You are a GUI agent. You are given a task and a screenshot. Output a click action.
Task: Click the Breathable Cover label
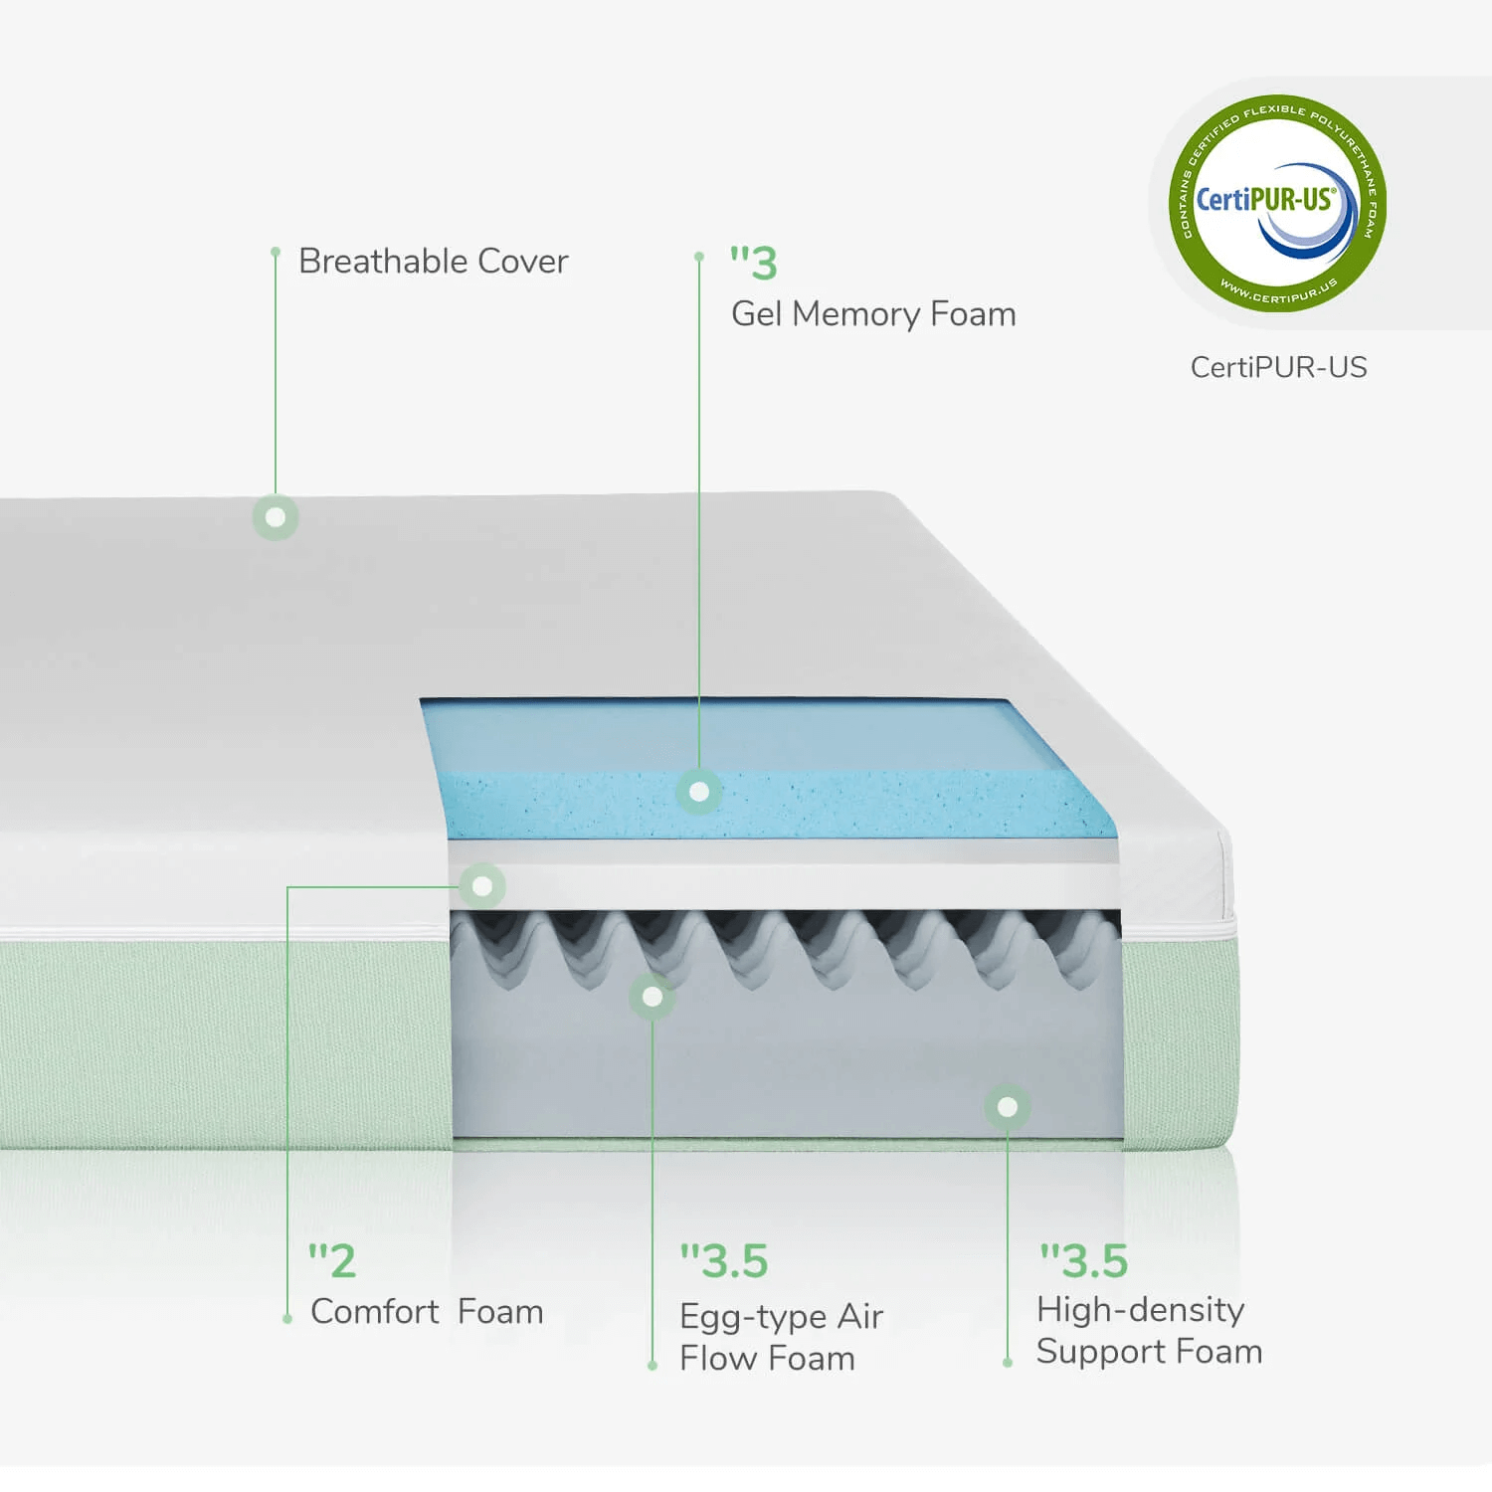pyautogui.click(x=434, y=261)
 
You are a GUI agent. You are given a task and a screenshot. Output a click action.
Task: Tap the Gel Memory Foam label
pyautogui.click(x=873, y=314)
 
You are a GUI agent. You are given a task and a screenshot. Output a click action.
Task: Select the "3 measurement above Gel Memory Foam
pyautogui.click(x=753, y=263)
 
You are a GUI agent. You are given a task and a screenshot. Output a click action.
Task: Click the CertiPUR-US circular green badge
pyautogui.click(x=1277, y=203)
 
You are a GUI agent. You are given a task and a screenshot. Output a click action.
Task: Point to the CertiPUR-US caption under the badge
pyautogui.click(x=1278, y=367)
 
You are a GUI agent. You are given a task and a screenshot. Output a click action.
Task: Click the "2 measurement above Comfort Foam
pyautogui.click(x=331, y=1261)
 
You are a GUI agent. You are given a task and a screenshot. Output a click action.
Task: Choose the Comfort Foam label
pyautogui.click(x=427, y=1312)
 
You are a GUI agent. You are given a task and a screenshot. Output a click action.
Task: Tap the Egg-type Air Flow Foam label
pyautogui.click(x=782, y=1337)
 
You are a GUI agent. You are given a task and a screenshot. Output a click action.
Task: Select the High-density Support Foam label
pyautogui.click(x=1150, y=1331)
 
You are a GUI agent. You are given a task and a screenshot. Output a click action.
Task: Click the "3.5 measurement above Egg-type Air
pyautogui.click(x=724, y=1261)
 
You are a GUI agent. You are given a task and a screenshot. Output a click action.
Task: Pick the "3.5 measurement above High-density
pyautogui.click(x=1084, y=1261)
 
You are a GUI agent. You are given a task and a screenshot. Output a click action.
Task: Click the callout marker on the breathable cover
pyautogui.click(x=276, y=517)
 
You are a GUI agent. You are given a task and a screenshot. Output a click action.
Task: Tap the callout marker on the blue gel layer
pyautogui.click(x=699, y=792)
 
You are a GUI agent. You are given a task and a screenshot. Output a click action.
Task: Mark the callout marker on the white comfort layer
pyautogui.click(x=482, y=885)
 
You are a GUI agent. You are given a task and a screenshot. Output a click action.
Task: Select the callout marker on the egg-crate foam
pyautogui.click(x=653, y=996)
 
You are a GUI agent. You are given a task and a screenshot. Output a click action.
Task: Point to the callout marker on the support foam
pyautogui.click(x=1008, y=1106)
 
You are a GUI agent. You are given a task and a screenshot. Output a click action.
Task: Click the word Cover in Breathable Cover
pyautogui.click(x=523, y=261)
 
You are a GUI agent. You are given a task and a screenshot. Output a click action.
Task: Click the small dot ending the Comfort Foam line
pyautogui.click(x=287, y=1319)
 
